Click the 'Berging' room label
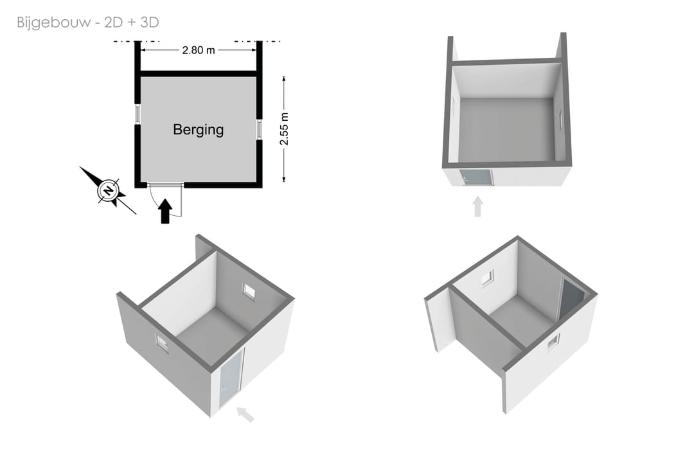[x=199, y=130]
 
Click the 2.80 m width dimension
[x=199, y=50]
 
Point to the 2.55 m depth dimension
[x=284, y=129]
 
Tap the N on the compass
[x=108, y=191]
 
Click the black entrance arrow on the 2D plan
[x=165, y=211]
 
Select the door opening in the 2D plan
[x=165, y=184]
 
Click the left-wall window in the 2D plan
[x=138, y=114]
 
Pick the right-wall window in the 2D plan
[x=260, y=129]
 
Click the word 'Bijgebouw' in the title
[x=53, y=22]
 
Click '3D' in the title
[x=150, y=22]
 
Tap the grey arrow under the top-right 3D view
[x=477, y=207]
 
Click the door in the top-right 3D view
[x=476, y=177]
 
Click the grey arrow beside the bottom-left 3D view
[x=245, y=414]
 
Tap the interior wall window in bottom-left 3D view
[x=249, y=290]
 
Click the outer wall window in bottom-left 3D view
[x=163, y=343]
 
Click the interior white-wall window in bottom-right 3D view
[x=488, y=278]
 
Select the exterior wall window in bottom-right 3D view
[x=553, y=342]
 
